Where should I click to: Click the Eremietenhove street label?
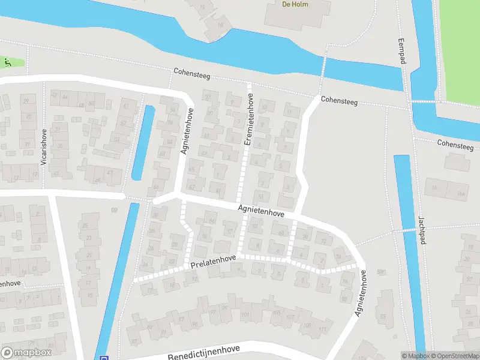(248, 122)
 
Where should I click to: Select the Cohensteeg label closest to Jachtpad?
(455, 145)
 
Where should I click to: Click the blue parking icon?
(103, 356)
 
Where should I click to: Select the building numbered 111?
(322, 329)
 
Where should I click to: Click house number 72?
(324, 241)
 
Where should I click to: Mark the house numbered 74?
(338, 257)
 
